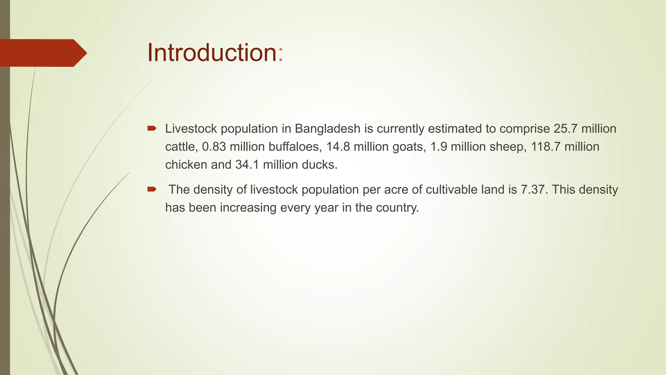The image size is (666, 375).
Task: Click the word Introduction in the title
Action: (212, 53)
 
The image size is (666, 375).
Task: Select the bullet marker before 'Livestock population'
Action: (152, 129)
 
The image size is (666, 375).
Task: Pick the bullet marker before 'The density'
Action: (152, 189)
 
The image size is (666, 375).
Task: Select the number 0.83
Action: (214, 147)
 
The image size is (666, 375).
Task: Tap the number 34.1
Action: (247, 165)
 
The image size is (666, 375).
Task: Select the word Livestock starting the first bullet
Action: (191, 129)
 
